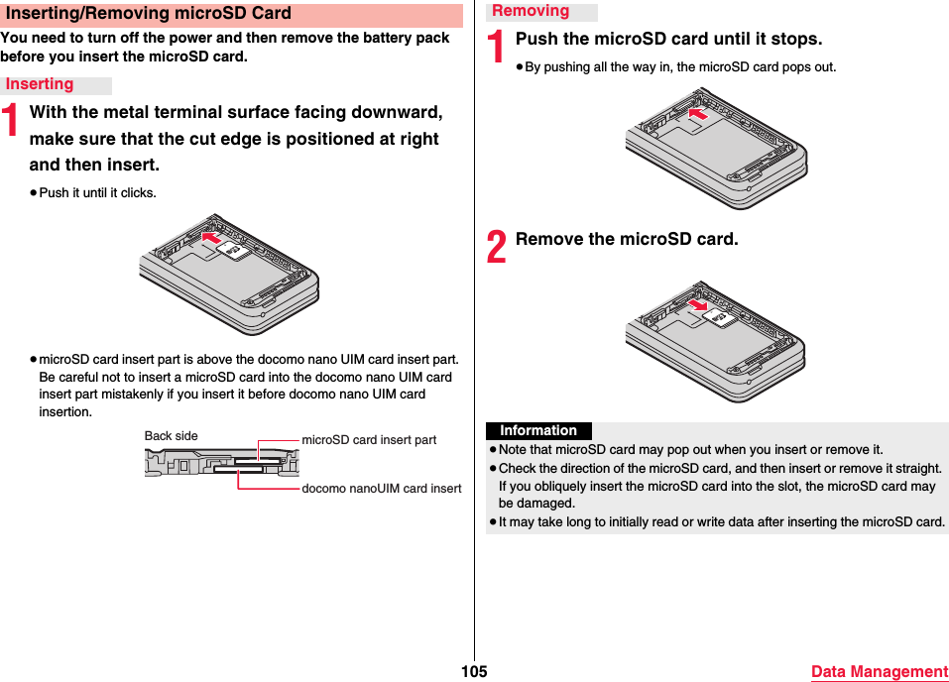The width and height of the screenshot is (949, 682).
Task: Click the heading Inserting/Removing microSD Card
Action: click(149, 14)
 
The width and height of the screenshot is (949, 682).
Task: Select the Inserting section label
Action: click(40, 85)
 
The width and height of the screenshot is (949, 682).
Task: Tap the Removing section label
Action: click(531, 11)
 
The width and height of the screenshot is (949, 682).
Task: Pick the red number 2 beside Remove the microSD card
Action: click(497, 247)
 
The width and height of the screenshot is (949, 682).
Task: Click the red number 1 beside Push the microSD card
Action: click(497, 48)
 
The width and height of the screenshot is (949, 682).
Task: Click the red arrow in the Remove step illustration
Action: click(699, 305)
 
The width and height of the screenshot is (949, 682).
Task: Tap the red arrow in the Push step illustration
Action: click(699, 115)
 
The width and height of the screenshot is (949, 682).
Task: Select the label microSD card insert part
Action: click(369, 440)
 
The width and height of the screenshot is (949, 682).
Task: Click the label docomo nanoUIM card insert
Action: click(381, 489)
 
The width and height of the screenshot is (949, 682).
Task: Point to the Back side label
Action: click(171, 436)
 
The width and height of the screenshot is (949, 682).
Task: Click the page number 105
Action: click(474, 672)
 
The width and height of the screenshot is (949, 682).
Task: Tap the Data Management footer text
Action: click(879, 672)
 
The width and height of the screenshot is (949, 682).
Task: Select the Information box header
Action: click(538, 431)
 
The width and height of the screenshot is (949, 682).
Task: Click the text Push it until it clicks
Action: click(97, 192)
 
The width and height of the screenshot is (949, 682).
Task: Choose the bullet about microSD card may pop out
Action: click(690, 449)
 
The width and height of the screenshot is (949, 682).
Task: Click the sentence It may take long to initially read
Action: click(721, 521)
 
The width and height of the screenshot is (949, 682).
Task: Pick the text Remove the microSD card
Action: click(627, 240)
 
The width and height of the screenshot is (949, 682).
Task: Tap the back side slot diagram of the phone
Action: click(221, 462)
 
